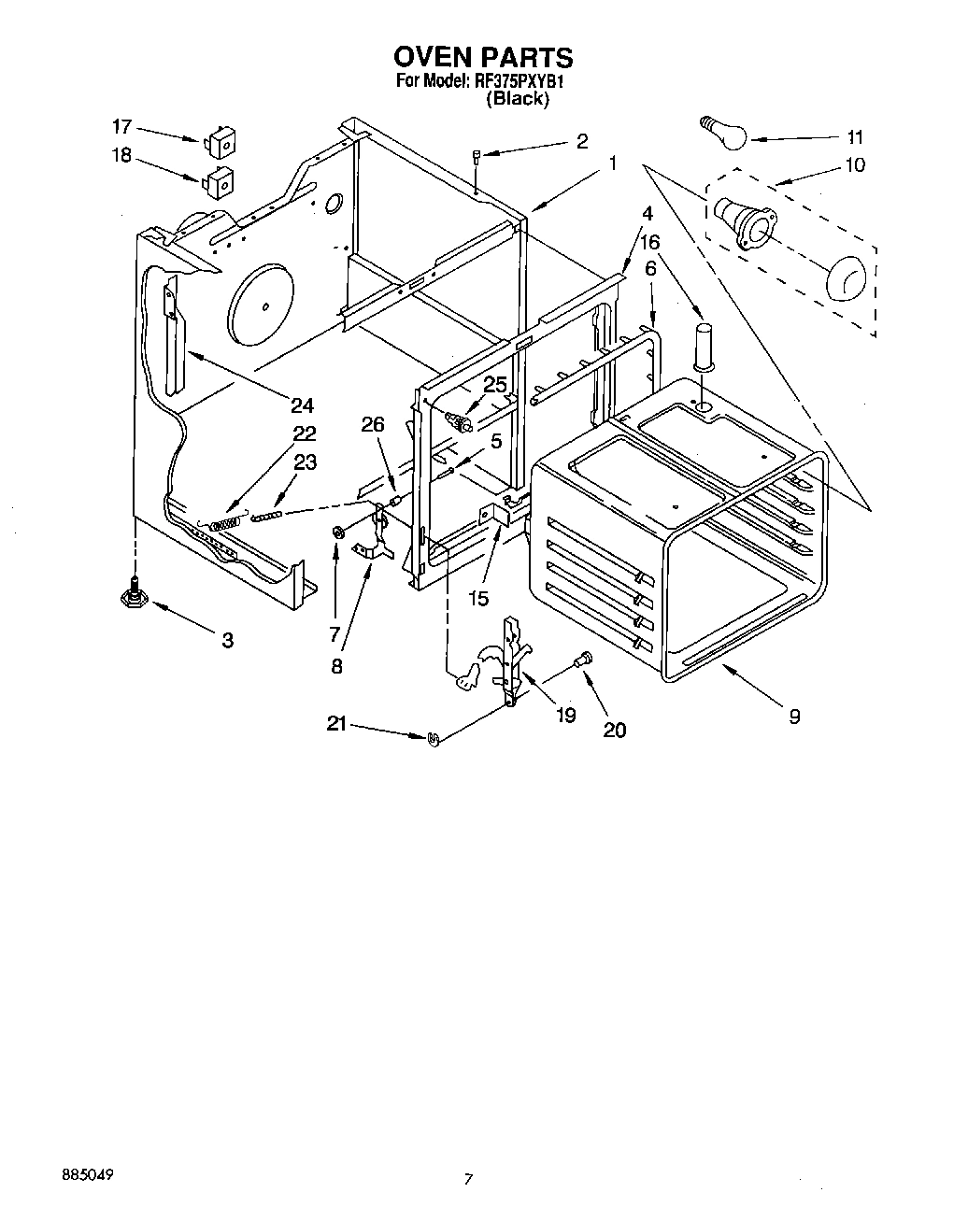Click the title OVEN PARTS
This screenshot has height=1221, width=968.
click(483, 59)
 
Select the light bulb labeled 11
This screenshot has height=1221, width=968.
click(722, 132)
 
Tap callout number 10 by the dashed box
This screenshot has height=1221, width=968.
click(854, 165)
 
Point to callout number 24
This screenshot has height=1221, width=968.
click(302, 405)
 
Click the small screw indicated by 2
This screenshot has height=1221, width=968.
click(477, 159)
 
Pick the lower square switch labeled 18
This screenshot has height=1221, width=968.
click(220, 181)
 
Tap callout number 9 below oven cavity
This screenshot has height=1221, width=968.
click(793, 717)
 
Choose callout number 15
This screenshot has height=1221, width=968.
click(477, 598)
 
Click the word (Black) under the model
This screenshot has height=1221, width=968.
click(517, 98)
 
